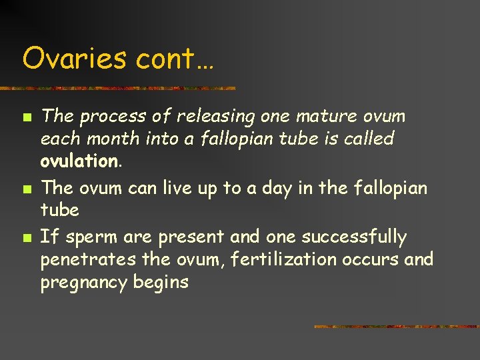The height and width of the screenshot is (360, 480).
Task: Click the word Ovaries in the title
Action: [74, 59]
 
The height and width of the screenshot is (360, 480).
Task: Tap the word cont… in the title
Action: [174, 60]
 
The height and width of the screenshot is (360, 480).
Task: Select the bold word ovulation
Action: [79, 162]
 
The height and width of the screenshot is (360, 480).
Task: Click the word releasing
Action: [215, 117]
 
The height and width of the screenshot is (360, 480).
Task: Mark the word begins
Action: [161, 283]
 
